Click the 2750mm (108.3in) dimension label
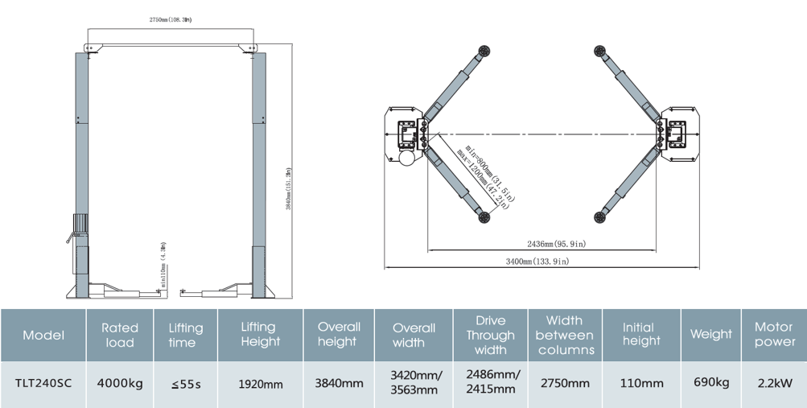pos(170,19)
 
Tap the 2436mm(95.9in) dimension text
pos(556,244)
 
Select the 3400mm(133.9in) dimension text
pos(537,262)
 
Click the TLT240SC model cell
pos(43,383)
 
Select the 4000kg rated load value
pos(120,383)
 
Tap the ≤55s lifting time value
pos(185,384)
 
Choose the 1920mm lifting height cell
pos(261,384)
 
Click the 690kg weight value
pos(711,382)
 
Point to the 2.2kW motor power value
pos(773,383)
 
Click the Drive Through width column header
pos(490,335)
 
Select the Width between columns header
pos(564,335)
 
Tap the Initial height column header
pos(641,335)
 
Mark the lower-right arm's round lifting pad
pos(599,216)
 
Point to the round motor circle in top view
pos(407,158)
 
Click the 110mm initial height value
pos(641,383)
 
